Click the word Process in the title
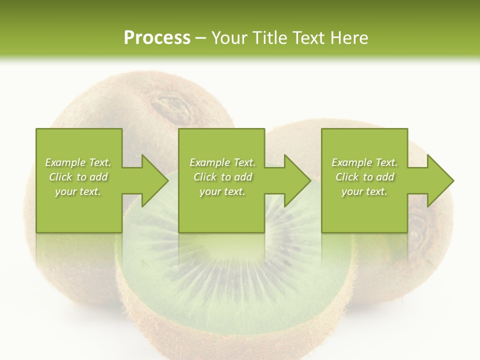pos(157,38)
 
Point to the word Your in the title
pos(230,38)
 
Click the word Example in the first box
pos(65,162)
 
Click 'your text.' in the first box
pos(78,191)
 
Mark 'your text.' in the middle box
pos(222,191)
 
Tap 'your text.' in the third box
pos(364,191)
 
